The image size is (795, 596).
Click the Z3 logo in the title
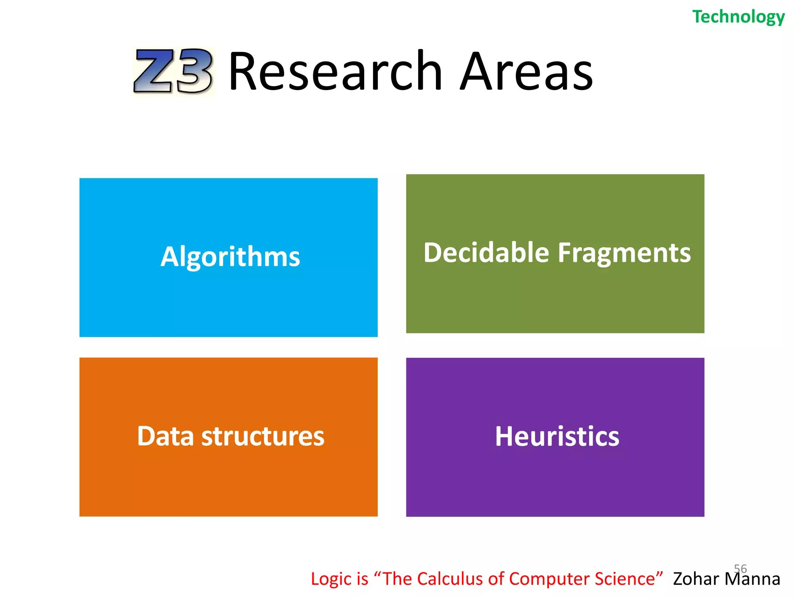[x=173, y=71]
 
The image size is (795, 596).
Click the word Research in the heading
[x=335, y=71]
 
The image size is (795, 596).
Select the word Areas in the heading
[x=526, y=71]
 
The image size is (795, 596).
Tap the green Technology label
[x=738, y=17]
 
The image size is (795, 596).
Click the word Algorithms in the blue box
[x=230, y=257]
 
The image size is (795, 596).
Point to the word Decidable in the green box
[x=486, y=253]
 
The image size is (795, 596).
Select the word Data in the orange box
[x=165, y=436]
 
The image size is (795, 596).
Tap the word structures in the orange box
[x=263, y=436]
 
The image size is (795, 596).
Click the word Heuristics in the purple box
[x=557, y=437]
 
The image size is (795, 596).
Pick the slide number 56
[x=740, y=568]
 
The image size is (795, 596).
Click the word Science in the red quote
[x=628, y=579]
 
